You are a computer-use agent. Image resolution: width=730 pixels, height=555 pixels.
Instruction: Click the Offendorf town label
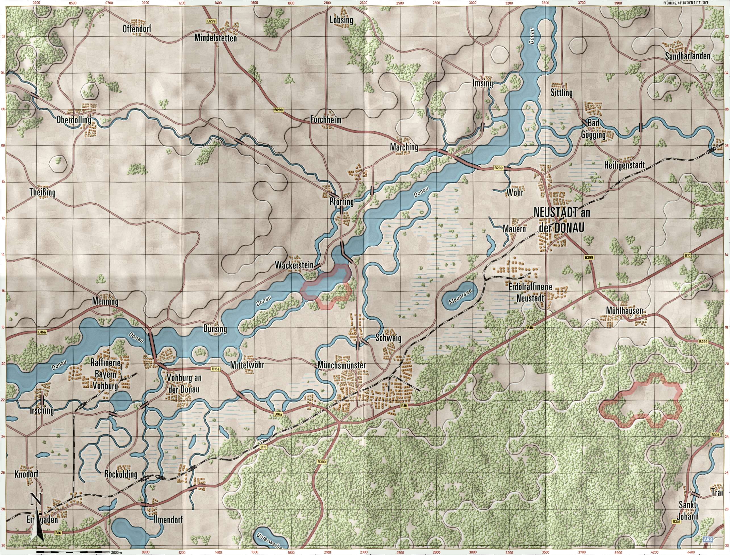[x=137, y=29]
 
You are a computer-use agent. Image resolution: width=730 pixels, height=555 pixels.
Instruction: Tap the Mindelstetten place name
[x=215, y=38]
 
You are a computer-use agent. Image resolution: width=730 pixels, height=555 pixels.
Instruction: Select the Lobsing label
[x=341, y=20]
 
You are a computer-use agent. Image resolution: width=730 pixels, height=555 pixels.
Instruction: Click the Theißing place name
[x=42, y=192]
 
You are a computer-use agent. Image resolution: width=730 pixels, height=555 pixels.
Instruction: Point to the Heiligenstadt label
[x=625, y=165]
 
